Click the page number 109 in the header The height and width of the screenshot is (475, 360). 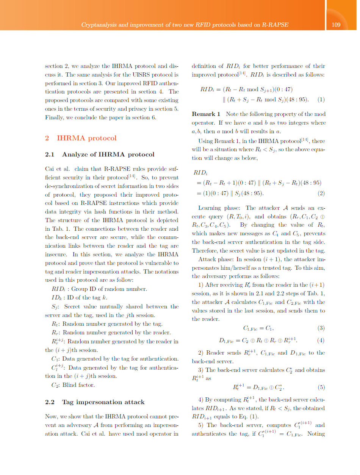(335, 25)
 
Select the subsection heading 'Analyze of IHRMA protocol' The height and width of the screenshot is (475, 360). (108, 154)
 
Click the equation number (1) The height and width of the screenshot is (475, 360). (321, 100)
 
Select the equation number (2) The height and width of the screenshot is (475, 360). (321, 194)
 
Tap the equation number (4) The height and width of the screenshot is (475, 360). (321, 340)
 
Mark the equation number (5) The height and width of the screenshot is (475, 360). (321, 387)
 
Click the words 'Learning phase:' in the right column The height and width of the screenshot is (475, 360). (219, 208)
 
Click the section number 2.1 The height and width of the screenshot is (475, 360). (50, 154)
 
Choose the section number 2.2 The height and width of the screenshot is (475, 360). (50, 402)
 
